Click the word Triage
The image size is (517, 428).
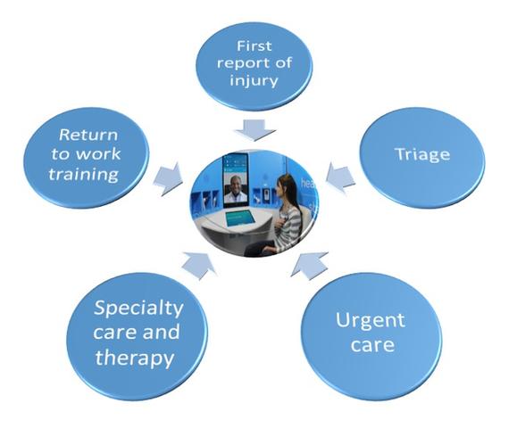click(x=422, y=154)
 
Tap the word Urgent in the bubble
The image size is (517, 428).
click(x=371, y=321)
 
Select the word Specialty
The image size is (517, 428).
click(x=138, y=309)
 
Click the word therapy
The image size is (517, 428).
click(x=135, y=358)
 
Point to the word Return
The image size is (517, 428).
click(x=88, y=135)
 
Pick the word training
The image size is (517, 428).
click(x=84, y=174)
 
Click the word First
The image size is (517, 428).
click(x=254, y=45)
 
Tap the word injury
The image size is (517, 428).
click(x=254, y=80)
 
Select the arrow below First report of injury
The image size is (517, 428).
click(x=254, y=130)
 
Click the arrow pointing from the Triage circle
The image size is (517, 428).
click(x=340, y=177)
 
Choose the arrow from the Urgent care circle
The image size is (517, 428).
click(x=310, y=264)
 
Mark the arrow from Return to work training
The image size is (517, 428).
click(x=169, y=178)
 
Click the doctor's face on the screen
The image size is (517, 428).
click(x=235, y=184)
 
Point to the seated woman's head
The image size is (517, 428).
click(x=286, y=187)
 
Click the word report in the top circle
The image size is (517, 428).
click(x=244, y=63)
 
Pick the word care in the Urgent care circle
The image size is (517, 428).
click(x=372, y=345)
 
